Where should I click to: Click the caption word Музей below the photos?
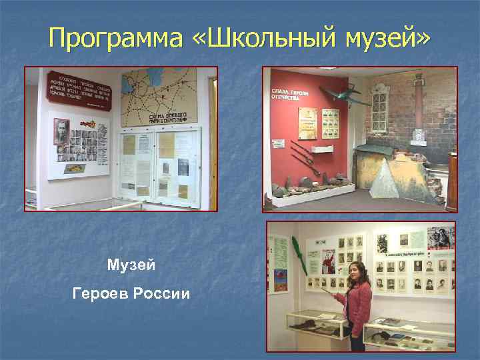click(x=131, y=266)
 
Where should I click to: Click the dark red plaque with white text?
click(x=78, y=90)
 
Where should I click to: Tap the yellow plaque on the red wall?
click(x=307, y=123)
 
